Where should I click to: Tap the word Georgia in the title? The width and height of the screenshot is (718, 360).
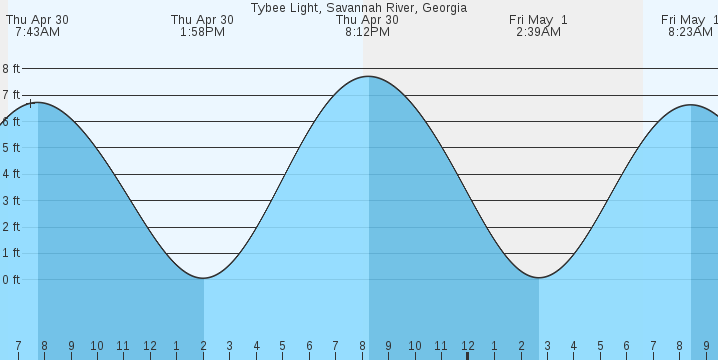[441, 7]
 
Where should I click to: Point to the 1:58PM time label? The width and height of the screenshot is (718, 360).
[202, 32]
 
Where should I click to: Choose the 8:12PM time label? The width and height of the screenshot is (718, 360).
[367, 32]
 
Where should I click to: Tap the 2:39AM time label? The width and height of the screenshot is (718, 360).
[538, 32]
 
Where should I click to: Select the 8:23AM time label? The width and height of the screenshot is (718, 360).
[690, 32]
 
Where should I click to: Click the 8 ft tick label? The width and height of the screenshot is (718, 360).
[11, 69]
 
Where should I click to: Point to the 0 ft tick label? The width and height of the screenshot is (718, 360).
[11, 279]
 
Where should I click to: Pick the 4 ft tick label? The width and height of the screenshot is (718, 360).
[11, 174]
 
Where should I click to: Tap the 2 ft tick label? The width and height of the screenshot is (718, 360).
[11, 227]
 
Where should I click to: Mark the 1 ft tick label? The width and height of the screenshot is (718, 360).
[11, 253]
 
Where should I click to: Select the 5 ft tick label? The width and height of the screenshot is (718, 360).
[11, 148]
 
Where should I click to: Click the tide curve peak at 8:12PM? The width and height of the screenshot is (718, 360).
[368, 77]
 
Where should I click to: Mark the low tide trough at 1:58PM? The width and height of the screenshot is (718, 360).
[203, 278]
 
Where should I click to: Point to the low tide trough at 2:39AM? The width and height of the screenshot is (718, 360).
[539, 277]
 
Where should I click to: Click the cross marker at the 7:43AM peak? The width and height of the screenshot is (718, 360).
[31, 103]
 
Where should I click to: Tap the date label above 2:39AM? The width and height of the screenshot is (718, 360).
[538, 19]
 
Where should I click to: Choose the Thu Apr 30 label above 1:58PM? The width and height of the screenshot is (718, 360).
[202, 19]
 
